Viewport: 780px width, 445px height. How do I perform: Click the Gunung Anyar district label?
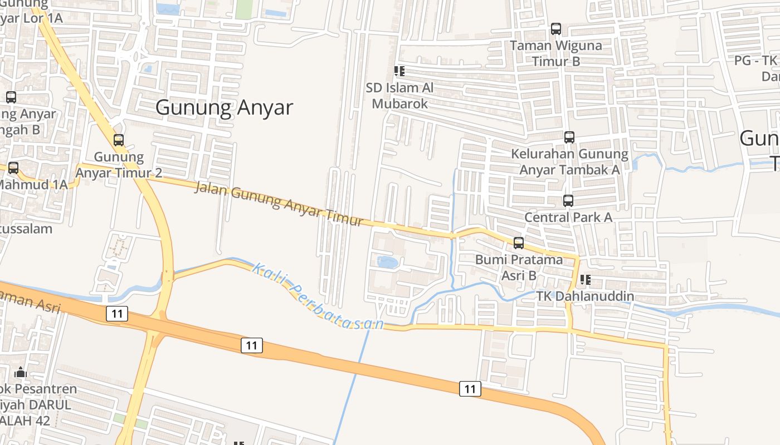coord(224,107)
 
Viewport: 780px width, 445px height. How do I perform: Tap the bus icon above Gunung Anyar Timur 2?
coord(119,140)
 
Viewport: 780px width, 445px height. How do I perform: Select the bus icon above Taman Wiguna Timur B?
coord(556,29)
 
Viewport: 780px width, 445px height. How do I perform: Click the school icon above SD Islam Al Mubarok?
coord(399,71)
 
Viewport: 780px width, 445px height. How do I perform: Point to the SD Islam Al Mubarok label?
coord(399,96)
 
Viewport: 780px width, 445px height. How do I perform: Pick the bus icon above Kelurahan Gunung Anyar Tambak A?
coord(569,137)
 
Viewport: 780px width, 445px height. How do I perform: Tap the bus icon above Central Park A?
coord(568,201)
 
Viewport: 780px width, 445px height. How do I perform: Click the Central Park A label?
coord(568,217)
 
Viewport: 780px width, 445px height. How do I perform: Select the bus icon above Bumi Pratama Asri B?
coord(519,243)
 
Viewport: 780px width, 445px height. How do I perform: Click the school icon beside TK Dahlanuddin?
coord(585,279)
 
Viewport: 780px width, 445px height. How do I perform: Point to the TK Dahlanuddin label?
coord(585,296)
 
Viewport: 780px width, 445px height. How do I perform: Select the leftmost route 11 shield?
coord(116,314)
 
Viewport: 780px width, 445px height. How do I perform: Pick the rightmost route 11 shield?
coord(470,389)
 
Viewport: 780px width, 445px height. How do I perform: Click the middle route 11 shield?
coord(252,345)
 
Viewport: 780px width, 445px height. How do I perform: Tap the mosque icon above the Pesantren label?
coord(21,372)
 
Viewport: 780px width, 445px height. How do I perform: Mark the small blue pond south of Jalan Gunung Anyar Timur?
coord(388,262)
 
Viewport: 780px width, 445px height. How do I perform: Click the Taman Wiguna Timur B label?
coord(556,53)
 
